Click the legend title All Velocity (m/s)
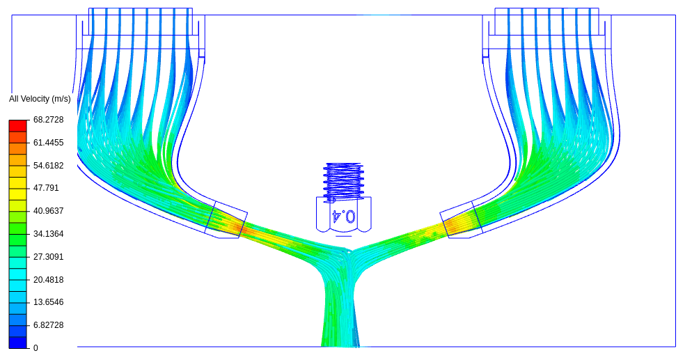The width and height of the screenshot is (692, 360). tap(40, 99)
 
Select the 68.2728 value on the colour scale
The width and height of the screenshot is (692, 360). tap(49, 120)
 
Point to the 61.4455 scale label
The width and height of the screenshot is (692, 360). tap(49, 143)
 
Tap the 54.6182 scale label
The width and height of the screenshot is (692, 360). tap(49, 166)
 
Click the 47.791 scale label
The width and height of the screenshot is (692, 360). tap(47, 188)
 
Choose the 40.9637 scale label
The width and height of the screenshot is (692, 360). tap(49, 211)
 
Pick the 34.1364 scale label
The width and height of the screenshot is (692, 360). tap(49, 234)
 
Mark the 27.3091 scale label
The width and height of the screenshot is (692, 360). tap(49, 257)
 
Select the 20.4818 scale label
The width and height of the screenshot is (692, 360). tap(49, 280)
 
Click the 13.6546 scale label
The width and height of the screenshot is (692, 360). tap(49, 302)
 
